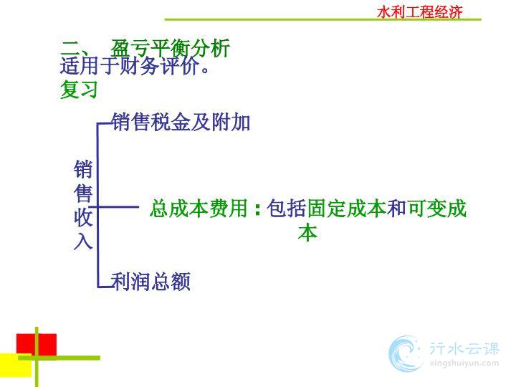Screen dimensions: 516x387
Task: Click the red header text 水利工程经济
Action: click(x=420, y=12)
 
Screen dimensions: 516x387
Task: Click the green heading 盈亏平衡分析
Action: click(x=170, y=49)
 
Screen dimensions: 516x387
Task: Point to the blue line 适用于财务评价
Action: click(x=135, y=65)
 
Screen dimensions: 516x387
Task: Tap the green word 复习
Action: click(x=79, y=89)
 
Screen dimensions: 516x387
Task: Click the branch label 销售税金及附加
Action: click(x=181, y=122)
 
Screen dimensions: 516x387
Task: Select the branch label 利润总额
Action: click(x=150, y=282)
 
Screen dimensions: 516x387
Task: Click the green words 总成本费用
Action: click(x=199, y=209)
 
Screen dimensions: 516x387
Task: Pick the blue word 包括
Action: click(x=287, y=209)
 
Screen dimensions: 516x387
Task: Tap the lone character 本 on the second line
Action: click(x=307, y=233)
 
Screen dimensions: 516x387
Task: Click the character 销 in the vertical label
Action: click(x=83, y=169)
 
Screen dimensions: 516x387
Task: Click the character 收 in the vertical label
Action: click(x=83, y=217)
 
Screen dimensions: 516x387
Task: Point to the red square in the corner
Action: click(x=37, y=345)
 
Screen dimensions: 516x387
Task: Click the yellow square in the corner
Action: click(x=16, y=365)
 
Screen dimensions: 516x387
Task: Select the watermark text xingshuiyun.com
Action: click(x=464, y=363)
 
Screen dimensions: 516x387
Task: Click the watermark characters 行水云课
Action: click(x=464, y=348)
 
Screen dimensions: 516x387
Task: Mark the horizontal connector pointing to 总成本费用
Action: click(x=114, y=206)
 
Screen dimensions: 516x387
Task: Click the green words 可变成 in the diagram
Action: click(x=436, y=209)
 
